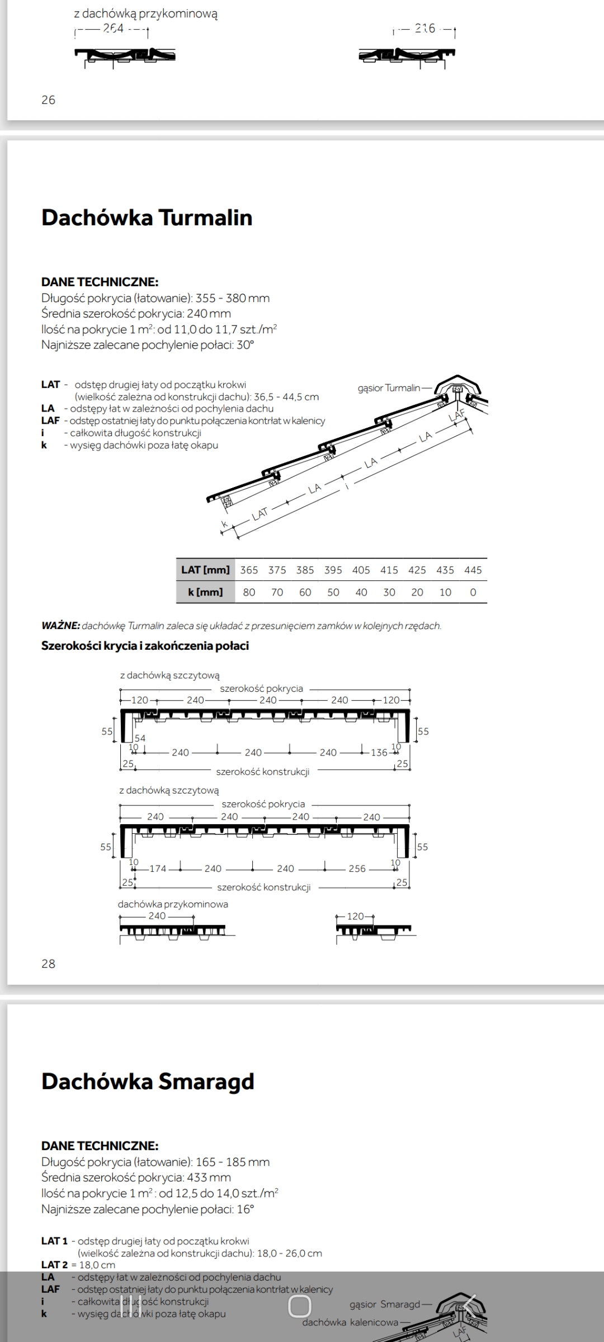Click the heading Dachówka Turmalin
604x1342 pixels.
[147, 218]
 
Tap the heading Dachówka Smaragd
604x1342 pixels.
[148, 1081]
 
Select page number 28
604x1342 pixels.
[49, 963]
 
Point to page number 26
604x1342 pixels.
[49, 100]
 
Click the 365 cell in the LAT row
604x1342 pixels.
[249, 570]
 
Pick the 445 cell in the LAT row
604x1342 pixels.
[473, 570]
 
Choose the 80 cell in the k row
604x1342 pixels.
[249, 592]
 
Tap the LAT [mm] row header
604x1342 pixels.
[205, 570]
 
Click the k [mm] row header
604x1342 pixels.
[205, 592]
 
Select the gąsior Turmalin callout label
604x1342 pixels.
[389, 388]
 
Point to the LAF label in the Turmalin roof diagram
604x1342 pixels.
[457, 415]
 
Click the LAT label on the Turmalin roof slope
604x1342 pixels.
[260, 513]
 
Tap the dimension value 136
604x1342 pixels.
[379, 753]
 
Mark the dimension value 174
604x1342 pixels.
[158, 868]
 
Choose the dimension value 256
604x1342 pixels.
[357, 868]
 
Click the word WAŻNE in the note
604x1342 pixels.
[60, 626]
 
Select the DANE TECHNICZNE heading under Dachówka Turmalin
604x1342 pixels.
[100, 282]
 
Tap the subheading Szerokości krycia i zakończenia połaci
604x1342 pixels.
[145, 646]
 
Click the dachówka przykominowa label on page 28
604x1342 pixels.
[173, 904]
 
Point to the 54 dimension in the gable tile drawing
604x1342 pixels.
[140, 738]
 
